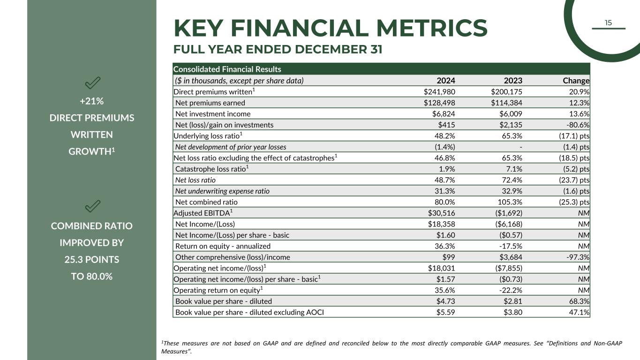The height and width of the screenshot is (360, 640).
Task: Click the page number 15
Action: pos(608,23)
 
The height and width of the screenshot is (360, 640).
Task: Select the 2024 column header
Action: pos(446,81)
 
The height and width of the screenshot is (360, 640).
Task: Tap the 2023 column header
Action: pos(513,81)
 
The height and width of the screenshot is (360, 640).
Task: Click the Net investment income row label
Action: pos(213,114)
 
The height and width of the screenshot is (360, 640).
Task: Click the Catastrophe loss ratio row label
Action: pos(211,169)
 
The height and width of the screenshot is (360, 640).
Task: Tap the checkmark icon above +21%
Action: pos(92,83)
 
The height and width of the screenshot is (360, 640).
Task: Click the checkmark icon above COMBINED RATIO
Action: pos(92,206)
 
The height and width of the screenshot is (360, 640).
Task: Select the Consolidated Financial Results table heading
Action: pos(227,69)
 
